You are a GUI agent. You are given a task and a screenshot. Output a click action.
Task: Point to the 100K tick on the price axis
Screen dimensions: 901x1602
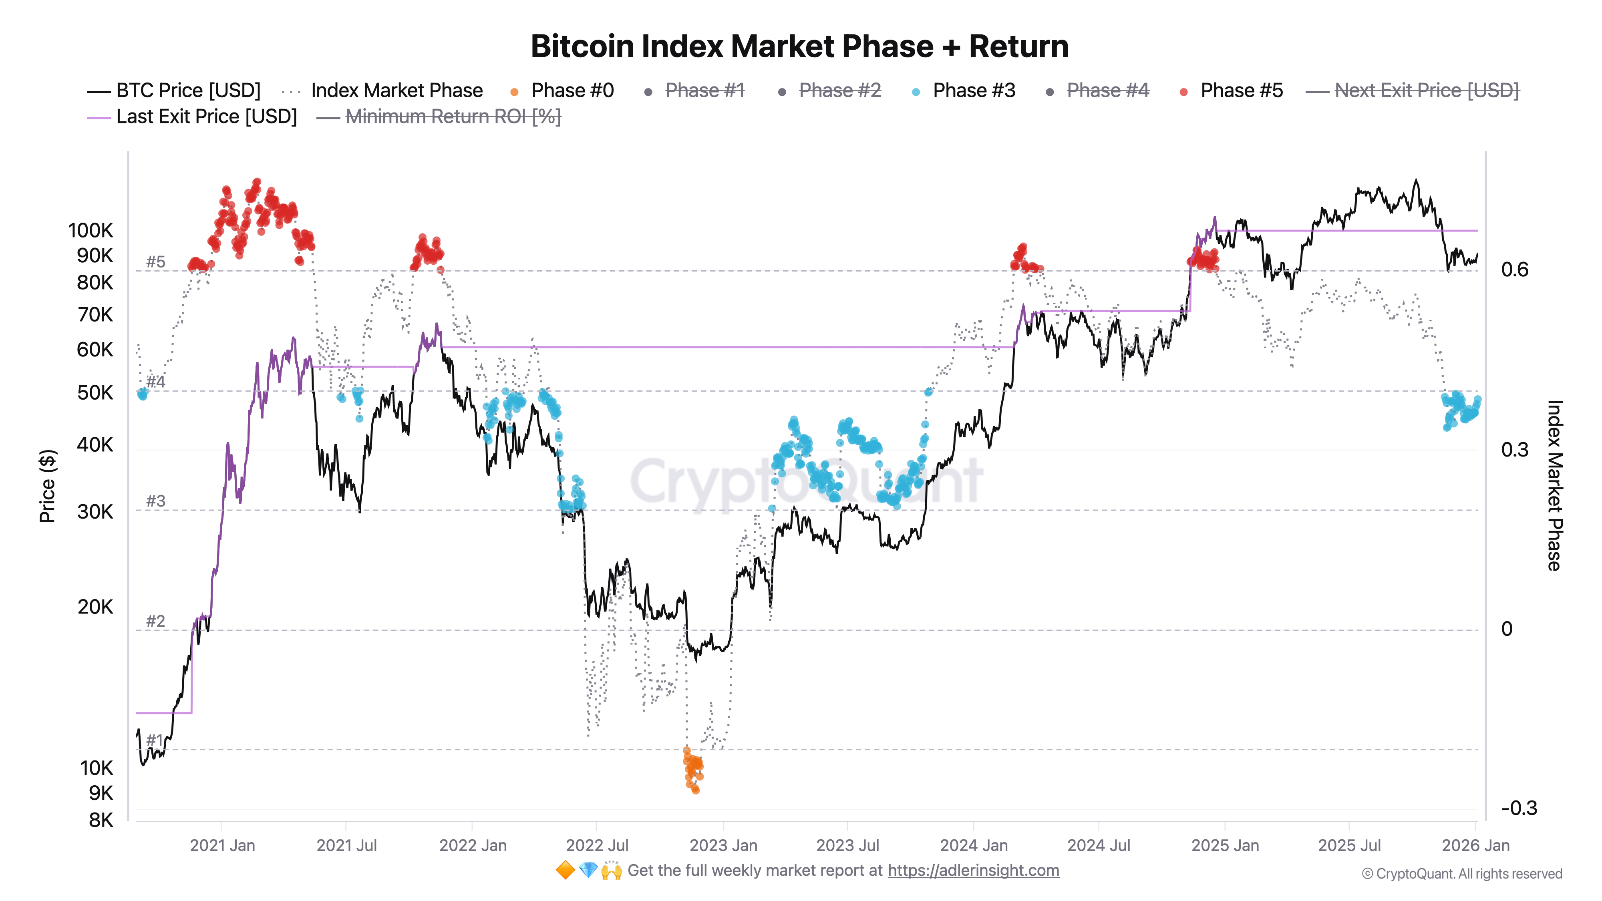point(91,231)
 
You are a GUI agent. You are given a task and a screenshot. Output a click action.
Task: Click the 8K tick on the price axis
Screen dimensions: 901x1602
point(101,820)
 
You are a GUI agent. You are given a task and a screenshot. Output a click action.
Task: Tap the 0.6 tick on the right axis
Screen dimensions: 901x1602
point(1514,270)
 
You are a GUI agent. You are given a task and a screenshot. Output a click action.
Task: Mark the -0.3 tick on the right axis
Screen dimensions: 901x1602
point(1518,808)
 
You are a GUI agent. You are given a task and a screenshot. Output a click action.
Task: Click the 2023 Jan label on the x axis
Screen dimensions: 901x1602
point(723,846)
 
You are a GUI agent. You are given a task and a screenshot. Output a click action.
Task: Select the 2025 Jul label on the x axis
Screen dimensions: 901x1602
point(1349,846)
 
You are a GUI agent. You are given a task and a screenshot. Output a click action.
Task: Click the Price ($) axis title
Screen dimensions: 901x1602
point(47,486)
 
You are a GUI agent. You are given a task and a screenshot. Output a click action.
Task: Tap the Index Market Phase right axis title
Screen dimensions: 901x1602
point(1554,486)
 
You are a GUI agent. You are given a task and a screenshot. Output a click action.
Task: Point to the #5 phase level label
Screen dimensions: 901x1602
point(155,262)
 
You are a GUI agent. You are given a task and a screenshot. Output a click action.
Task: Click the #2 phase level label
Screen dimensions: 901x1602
point(155,621)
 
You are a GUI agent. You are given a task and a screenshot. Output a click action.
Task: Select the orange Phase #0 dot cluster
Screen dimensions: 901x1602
point(693,770)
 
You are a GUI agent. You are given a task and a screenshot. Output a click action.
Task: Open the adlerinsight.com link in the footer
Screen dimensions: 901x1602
point(973,871)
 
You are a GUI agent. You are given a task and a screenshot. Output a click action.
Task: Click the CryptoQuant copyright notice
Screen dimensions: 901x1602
point(1461,874)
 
